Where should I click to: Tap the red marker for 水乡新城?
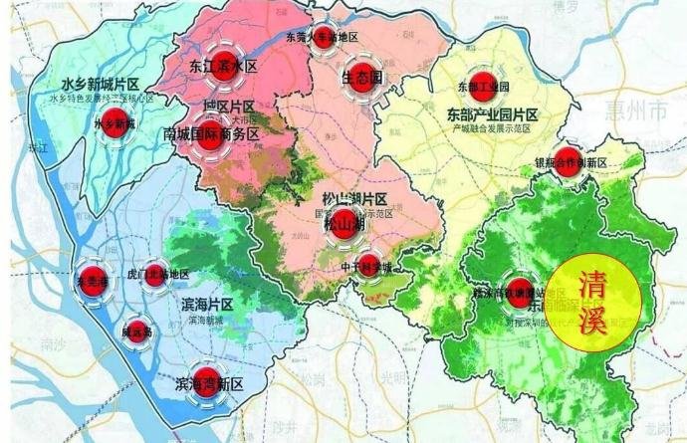tap(116, 126)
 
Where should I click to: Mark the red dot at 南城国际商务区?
tap(211, 133)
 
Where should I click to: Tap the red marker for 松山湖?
tap(341, 224)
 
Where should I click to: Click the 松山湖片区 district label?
tap(354, 197)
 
